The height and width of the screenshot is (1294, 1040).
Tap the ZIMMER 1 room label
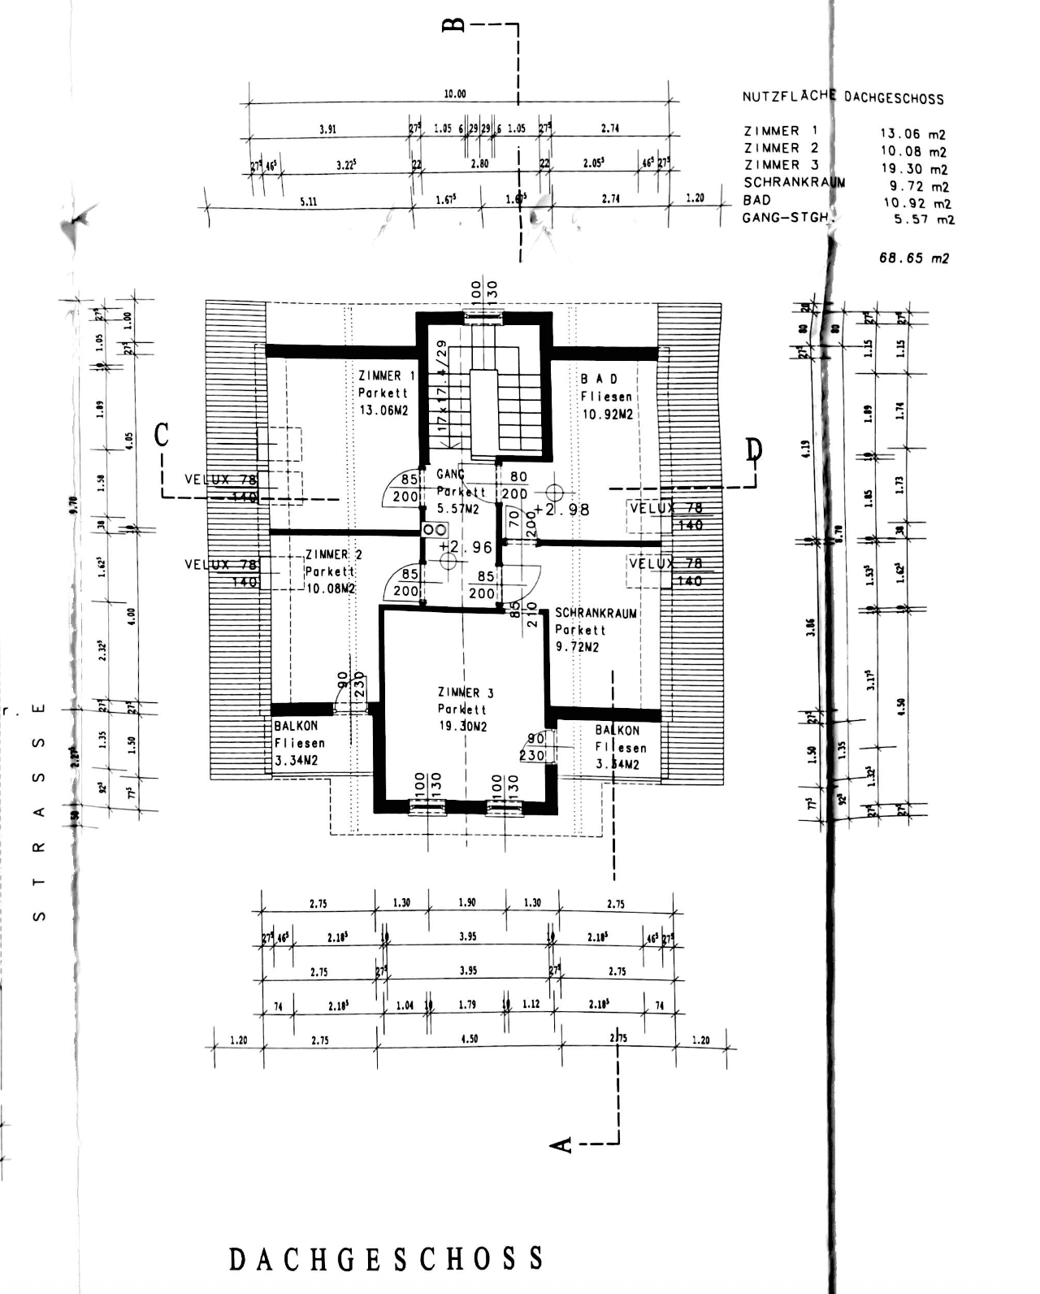click(x=386, y=376)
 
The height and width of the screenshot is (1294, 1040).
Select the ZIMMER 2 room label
click(x=334, y=554)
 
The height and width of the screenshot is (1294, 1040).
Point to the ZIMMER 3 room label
click(x=465, y=693)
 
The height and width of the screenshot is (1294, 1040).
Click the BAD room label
click(x=599, y=379)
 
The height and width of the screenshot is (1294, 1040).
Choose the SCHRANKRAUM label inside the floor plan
click(x=596, y=613)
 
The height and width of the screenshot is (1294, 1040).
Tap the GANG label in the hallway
click(x=450, y=474)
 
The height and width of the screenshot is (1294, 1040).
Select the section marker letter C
click(x=162, y=436)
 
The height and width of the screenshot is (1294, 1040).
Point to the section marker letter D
click(x=754, y=449)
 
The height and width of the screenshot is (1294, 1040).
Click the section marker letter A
click(x=561, y=1144)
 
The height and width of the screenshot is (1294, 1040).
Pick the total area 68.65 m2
click(x=913, y=258)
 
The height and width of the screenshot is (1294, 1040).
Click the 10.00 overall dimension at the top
click(x=455, y=93)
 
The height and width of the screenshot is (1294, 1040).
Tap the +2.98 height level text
click(x=561, y=510)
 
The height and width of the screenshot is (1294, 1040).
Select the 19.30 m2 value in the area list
click(x=913, y=169)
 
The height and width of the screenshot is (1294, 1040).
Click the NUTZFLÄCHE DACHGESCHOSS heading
click(x=843, y=98)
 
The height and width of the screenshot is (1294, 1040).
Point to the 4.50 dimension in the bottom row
click(x=469, y=1039)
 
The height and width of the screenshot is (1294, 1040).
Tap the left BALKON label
click(x=296, y=726)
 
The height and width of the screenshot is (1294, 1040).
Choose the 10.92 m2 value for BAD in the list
click(x=916, y=203)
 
